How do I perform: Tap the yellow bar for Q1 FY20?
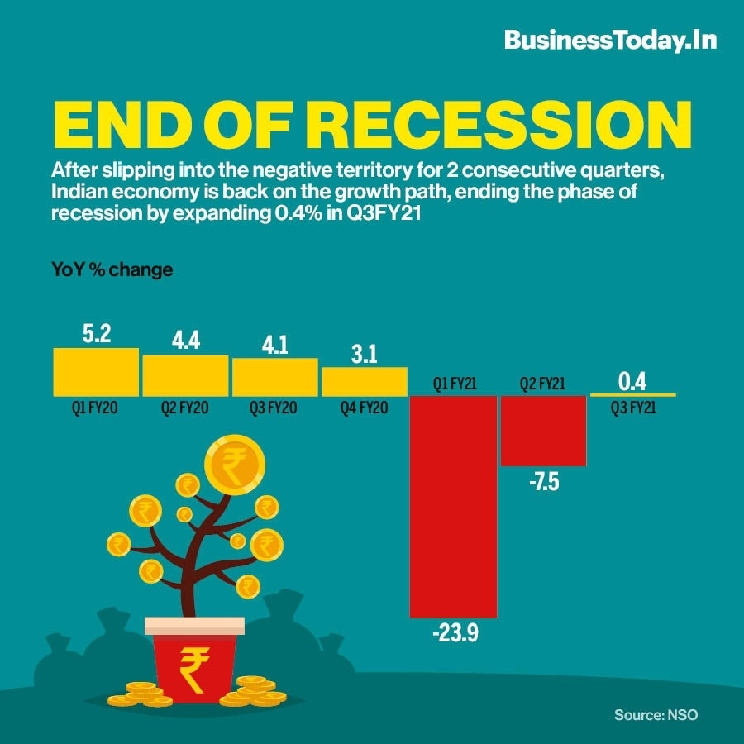[x=96, y=371]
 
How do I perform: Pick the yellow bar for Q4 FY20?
[x=364, y=381]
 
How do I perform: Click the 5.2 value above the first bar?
[x=97, y=334]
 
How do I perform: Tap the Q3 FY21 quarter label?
[x=632, y=407]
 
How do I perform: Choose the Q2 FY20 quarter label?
[x=185, y=407]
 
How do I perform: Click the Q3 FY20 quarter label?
[x=274, y=407]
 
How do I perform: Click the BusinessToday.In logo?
[x=610, y=40]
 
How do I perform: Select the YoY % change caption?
[x=112, y=270]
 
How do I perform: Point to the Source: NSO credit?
[x=656, y=714]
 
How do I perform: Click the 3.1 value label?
[x=364, y=355]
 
